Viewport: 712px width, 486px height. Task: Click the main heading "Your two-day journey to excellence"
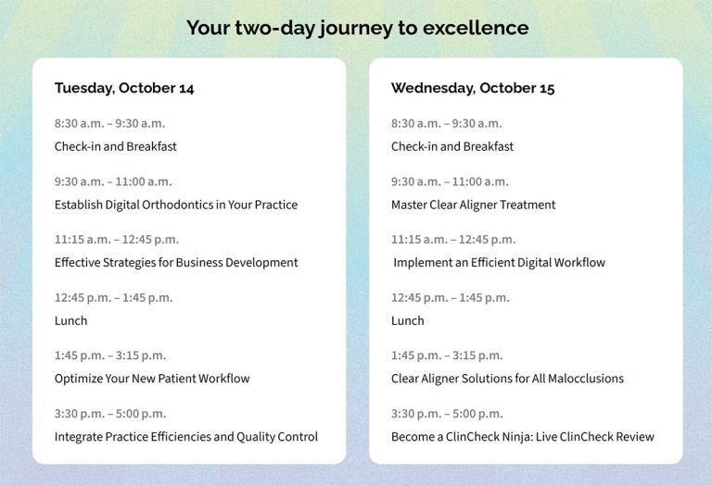357,28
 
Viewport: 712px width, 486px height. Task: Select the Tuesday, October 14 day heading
124,88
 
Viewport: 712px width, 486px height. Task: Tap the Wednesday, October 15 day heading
473,88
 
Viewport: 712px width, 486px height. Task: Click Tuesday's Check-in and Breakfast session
115,146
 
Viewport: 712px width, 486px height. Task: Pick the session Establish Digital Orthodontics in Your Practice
176,205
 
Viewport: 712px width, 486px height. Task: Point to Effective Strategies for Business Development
176,263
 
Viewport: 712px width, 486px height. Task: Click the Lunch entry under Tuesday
70,321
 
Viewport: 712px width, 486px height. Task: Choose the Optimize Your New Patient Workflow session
152,379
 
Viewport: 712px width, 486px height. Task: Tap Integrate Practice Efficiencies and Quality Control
186,437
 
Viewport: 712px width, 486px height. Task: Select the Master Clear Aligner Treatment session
473,205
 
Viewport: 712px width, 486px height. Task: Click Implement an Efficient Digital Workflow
499,263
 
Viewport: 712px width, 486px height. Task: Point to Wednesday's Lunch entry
408,321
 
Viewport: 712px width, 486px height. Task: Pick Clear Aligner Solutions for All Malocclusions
508,379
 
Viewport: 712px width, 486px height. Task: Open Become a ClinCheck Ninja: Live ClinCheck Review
523,437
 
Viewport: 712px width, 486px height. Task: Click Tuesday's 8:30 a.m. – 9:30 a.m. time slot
110,124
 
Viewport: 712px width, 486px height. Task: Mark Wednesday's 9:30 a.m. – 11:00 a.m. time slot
450,181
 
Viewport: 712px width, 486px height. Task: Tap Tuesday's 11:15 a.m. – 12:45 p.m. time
117,240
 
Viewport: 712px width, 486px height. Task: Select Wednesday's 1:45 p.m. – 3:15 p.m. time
447,355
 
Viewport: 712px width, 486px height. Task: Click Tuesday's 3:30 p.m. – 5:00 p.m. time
110,414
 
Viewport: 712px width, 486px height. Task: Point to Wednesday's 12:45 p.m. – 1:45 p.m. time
451,298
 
